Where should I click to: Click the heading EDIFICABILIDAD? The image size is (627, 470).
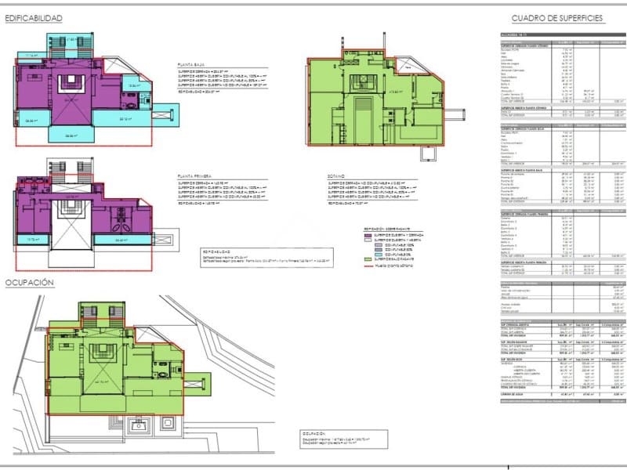click(34, 17)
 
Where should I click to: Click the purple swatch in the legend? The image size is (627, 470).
click(368, 235)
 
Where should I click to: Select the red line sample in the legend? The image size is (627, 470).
click(368, 266)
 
